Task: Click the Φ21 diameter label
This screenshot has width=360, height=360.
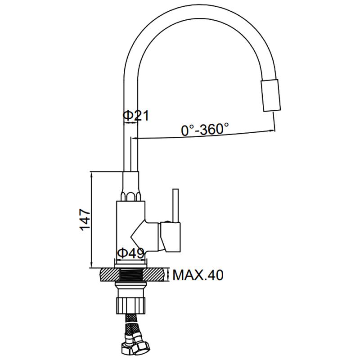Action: [x=136, y=116]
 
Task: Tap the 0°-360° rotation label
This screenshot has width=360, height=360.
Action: [x=205, y=129]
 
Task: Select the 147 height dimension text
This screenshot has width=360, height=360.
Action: [x=85, y=220]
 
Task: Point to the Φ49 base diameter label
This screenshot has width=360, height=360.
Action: [x=130, y=253]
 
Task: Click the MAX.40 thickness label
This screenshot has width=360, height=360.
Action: [x=198, y=275]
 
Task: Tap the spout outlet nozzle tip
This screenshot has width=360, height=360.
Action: [x=271, y=95]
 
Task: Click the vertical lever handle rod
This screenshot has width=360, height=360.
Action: [x=175, y=206]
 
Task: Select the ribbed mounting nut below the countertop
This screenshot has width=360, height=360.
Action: [x=131, y=306]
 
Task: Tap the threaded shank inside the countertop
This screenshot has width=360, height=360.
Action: [x=131, y=274]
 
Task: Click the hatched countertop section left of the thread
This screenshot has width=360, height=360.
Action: [x=110, y=274]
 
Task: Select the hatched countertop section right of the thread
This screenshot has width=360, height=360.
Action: [x=154, y=274]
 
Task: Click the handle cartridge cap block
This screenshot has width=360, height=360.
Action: [x=171, y=237]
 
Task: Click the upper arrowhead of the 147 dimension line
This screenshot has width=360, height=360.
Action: [x=92, y=175]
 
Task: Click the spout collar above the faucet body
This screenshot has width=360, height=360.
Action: [x=131, y=186]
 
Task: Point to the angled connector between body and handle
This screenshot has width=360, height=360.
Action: [x=145, y=237]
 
